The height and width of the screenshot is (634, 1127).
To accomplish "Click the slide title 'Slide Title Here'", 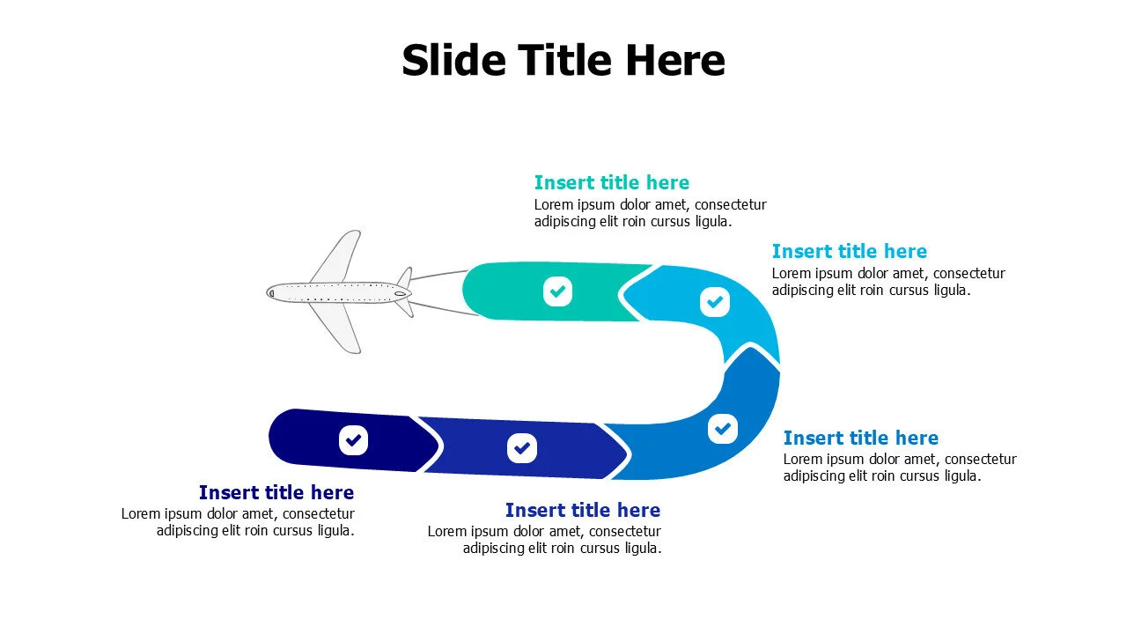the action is [x=563, y=61].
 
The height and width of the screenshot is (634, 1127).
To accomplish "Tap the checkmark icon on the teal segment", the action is [x=557, y=291].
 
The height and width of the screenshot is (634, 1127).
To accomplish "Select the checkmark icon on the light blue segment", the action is [x=714, y=302].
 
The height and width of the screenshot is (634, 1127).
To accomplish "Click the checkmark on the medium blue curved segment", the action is [x=723, y=429].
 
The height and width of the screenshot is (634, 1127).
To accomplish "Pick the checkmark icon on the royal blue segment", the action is [x=522, y=448].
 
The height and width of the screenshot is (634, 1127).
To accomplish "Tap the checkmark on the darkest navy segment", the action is [x=353, y=440].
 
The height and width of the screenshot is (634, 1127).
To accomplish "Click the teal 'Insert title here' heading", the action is [x=611, y=182].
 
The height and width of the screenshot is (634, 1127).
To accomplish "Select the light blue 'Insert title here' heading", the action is [x=850, y=251].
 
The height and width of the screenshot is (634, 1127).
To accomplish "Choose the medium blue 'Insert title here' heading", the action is [x=861, y=438].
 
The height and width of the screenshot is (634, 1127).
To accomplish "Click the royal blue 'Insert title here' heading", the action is [x=583, y=510].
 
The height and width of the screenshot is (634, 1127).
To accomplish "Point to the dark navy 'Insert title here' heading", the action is [x=276, y=492].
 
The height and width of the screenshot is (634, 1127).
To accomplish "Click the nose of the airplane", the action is [x=268, y=292].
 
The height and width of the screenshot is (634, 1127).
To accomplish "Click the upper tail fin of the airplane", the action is [x=406, y=277].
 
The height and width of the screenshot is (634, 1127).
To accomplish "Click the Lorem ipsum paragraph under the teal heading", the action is [x=650, y=213].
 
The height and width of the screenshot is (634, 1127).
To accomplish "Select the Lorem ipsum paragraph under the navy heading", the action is [x=238, y=522].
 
